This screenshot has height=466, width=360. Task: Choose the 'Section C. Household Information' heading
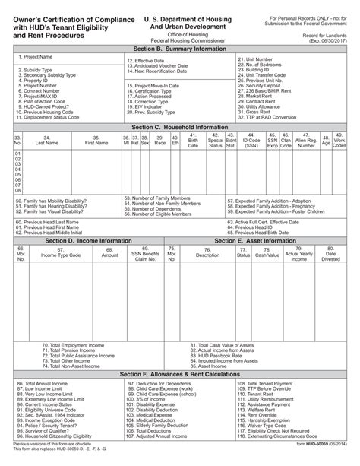point(180,128)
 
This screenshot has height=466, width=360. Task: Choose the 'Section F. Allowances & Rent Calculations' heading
point(180,375)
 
